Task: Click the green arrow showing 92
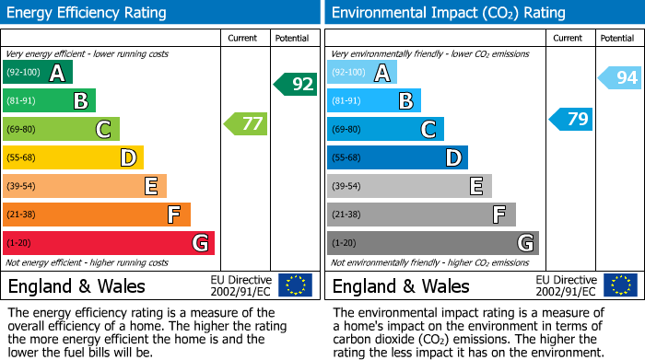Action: pos(296,85)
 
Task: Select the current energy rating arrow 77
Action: pos(246,123)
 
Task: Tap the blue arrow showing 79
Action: pos(571,119)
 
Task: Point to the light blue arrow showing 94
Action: pos(620,78)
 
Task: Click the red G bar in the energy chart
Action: pos(109,243)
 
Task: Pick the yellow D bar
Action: pos(73,158)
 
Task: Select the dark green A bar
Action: pos(38,73)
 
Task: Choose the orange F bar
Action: pos(97,215)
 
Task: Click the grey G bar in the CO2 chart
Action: pos(432,243)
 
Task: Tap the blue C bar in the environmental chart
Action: pos(385,129)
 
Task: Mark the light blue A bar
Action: pos(362,73)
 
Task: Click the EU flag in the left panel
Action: pos(295,285)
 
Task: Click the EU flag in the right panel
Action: pos(619,285)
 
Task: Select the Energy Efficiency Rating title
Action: pos(88,13)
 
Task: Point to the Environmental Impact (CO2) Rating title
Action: pos(448,13)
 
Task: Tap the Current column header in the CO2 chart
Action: pos(569,38)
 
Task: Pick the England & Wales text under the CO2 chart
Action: pos(401,286)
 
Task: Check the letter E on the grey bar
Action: pos(475,186)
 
